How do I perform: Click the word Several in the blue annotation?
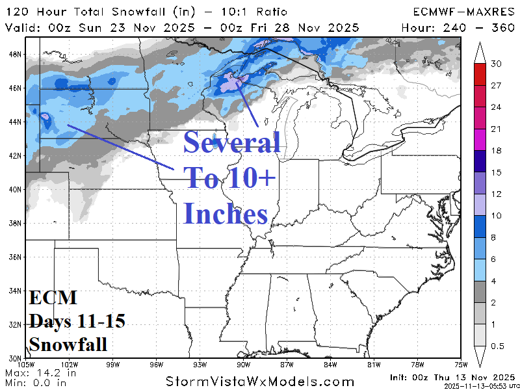[231, 142]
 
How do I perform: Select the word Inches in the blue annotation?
[226, 213]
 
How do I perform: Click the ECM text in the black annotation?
[53, 298]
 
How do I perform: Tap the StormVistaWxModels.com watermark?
[260, 382]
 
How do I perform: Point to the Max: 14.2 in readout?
[40, 373]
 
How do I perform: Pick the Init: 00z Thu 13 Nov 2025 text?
[452, 377]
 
